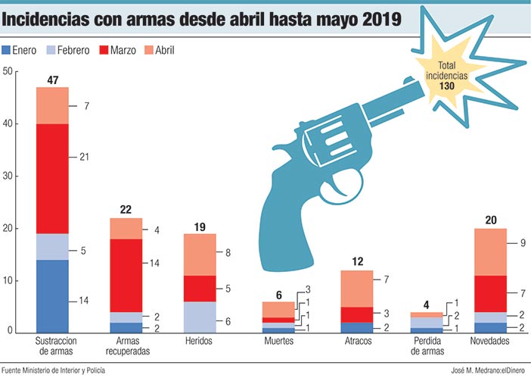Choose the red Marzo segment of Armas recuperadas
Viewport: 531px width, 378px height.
pyautogui.click(x=126, y=275)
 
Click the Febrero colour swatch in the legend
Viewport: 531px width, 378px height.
pyautogui.click(x=51, y=51)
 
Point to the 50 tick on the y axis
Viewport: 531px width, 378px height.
pyautogui.click(x=8, y=72)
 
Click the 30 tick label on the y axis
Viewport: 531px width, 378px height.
pyautogui.click(x=8, y=177)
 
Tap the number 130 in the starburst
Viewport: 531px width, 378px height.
pyautogui.click(x=446, y=86)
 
